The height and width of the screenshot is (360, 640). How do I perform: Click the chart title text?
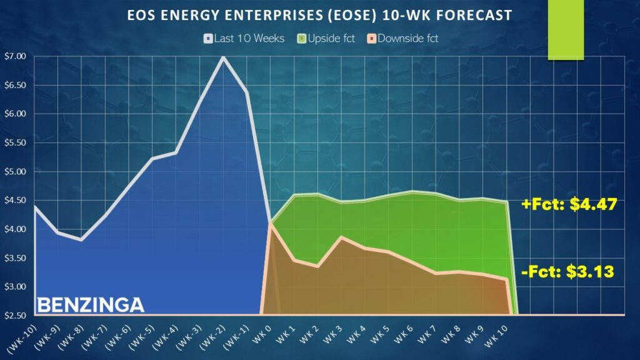tap(319, 16)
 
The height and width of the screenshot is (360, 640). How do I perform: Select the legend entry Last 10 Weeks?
tap(244, 39)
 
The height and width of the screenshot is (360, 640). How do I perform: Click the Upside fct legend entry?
tap(326, 39)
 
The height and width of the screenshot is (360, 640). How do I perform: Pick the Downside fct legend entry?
tap(402, 39)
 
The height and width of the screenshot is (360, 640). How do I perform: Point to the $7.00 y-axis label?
tap(15, 56)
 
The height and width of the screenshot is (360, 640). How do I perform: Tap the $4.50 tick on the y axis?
tap(15, 200)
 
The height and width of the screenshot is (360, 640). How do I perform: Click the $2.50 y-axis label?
tap(15, 316)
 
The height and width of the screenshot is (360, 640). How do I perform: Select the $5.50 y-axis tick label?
tap(15, 142)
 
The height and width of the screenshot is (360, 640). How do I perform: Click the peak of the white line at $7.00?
tap(223, 57)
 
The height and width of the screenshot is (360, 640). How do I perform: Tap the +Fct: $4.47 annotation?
tap(569, 204)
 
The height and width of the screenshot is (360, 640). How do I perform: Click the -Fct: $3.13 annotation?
tap(567, 271)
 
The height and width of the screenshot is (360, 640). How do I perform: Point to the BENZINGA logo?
tap(91, 305)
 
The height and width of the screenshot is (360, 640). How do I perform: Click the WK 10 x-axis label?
tap(496, 337)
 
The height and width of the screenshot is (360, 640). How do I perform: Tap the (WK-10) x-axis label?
tap(22, 338)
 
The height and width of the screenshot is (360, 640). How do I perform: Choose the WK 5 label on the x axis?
tap(379, 335)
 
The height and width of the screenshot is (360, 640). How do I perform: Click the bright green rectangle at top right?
tap(566, 30)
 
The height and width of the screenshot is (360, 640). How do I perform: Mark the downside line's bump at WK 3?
tap(341, 237)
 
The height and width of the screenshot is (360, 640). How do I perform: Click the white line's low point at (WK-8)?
tap(81, 240)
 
